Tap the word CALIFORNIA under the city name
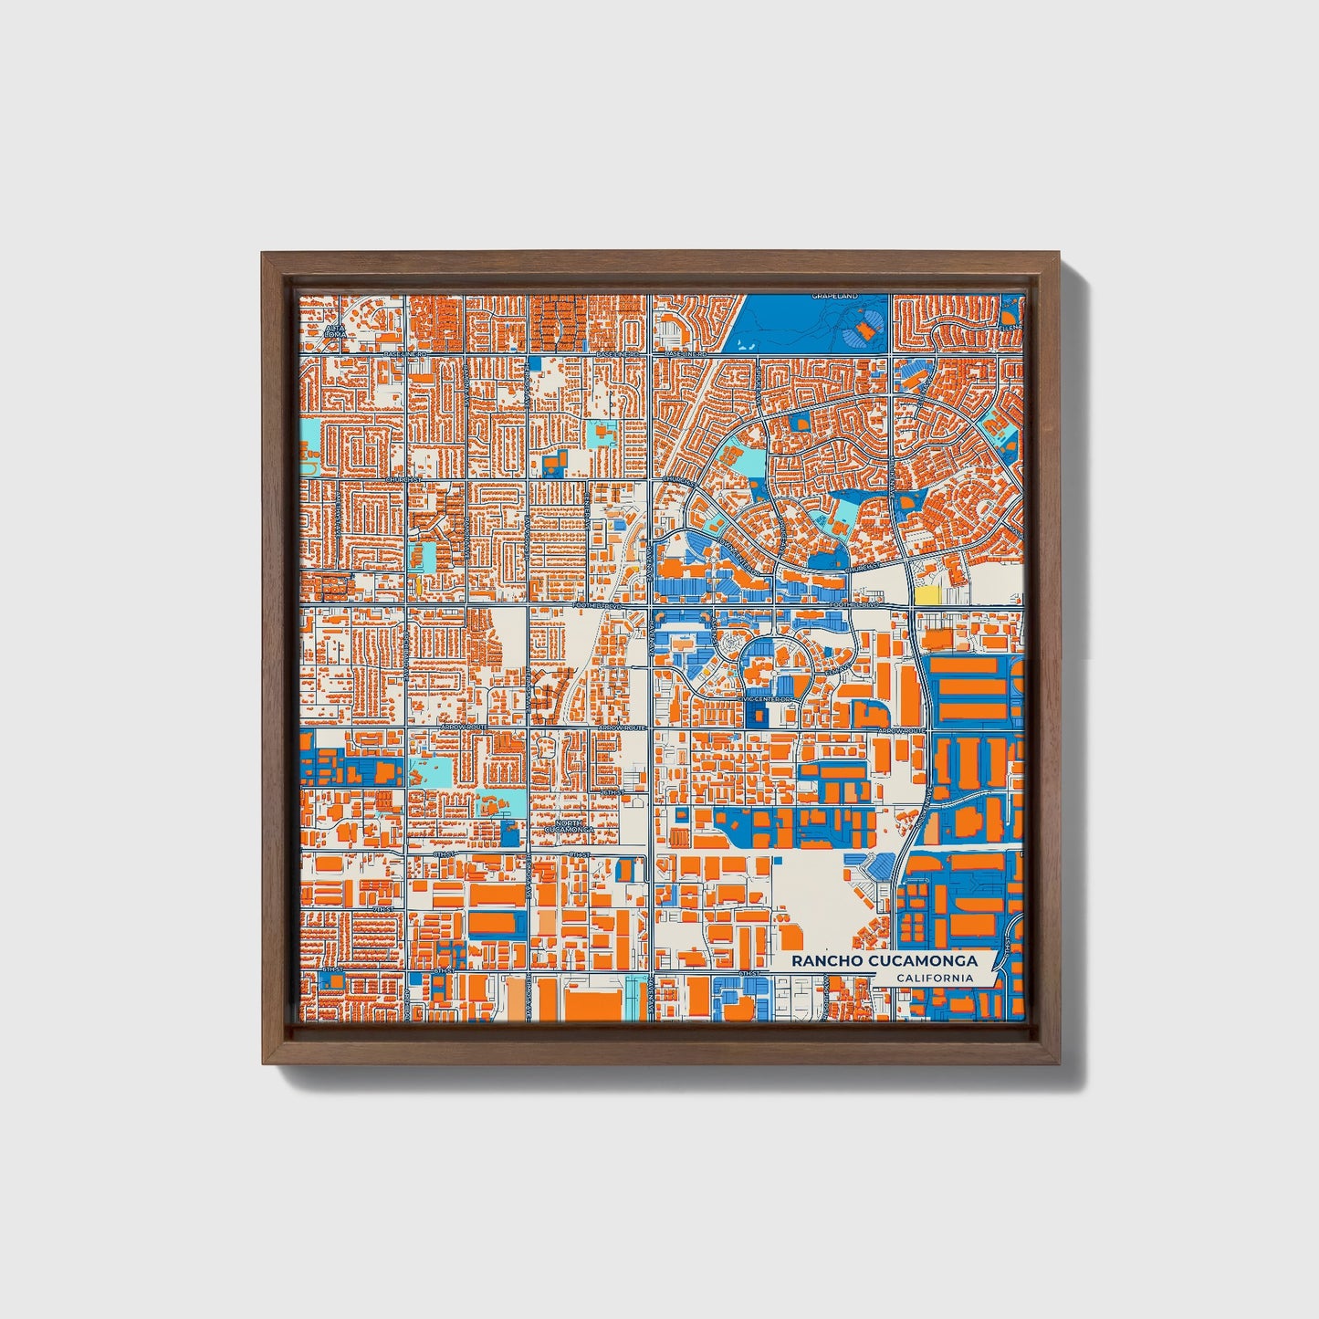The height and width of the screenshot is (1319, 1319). [x=934, y=979]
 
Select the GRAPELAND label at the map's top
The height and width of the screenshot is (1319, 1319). [x=835, y=297]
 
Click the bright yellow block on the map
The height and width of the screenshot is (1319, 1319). [x=926, y=595]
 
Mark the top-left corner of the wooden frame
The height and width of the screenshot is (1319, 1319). [x=263, y=253]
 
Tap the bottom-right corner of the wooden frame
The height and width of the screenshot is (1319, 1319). [x=1060, y=1063]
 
